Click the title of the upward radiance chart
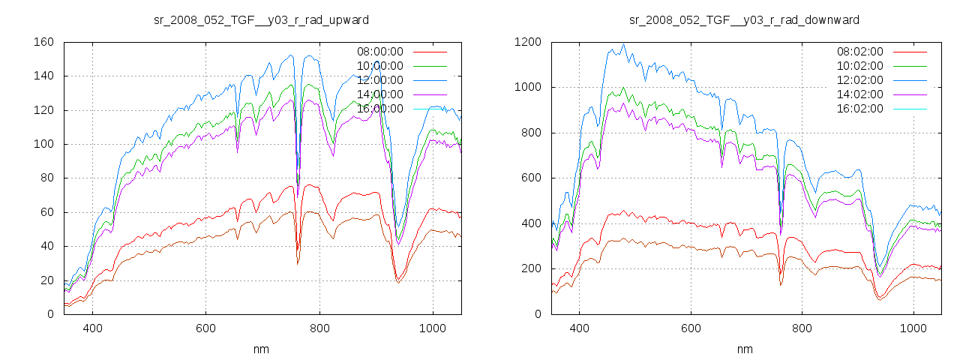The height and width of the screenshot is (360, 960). point(261,19)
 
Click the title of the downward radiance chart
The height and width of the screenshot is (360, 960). point(744,19)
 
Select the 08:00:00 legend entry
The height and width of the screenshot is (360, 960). point(378,52)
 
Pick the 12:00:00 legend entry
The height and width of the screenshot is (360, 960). point(378,80)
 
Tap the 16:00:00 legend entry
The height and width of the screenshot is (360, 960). point(378,109)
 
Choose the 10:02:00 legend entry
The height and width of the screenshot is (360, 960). point(859,66)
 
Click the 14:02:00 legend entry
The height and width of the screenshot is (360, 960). point(859,94)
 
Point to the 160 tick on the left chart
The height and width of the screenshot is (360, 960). point(43,42)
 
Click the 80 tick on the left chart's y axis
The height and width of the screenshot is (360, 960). point(46,178)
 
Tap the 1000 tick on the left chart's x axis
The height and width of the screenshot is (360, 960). point(432,328)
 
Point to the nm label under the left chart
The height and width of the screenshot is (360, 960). point(262,349)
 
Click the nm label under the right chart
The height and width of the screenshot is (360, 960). point(744,349)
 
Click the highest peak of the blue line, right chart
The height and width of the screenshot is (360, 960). point(622,43)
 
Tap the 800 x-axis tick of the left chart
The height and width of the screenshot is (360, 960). point(319,328)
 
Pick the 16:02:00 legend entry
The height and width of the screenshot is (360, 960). point(859,109)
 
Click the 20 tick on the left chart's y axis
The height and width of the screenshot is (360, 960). point(46,280)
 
